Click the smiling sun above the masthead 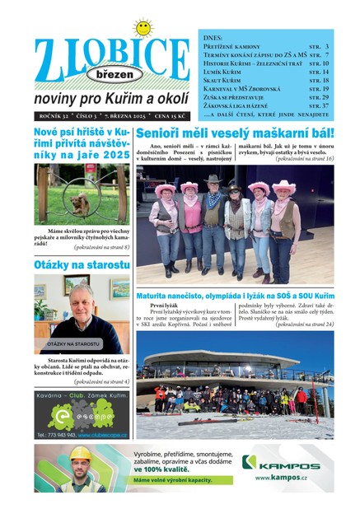[x=144, y=28]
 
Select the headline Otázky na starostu [x=82, y=265]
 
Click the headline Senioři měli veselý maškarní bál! [x=235, y=133]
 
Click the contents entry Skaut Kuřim [x=223, y=80]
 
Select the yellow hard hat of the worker [x=80, y=453]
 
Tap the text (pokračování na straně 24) [x=305, y=325]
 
